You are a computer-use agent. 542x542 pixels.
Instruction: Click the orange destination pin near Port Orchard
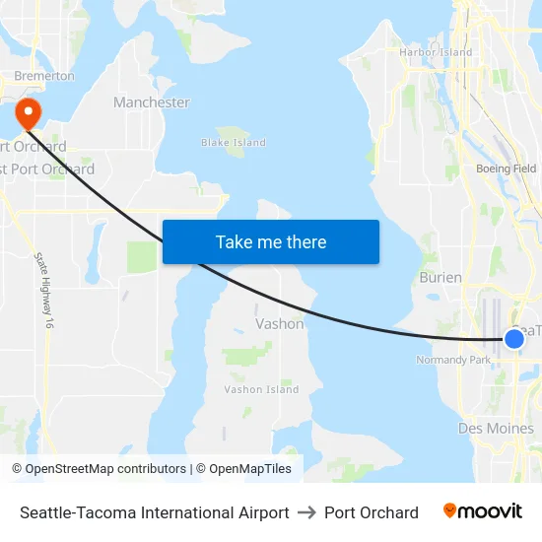(x=27, y=111)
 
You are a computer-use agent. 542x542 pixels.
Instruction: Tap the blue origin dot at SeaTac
(x=513, y=339)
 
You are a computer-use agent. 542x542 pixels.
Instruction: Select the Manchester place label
(x=152, y=102)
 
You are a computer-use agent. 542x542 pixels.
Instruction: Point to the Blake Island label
(x=234, y=143)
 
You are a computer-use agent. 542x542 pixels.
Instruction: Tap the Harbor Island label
(x=436, y=52)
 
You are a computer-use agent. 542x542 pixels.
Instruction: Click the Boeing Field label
(x=506, y=169)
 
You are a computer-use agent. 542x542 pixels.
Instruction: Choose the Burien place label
(x=440, y=278)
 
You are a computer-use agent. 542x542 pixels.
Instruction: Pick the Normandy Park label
(x=454, y=360)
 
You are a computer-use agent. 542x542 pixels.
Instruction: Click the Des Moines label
(x=496, y=429)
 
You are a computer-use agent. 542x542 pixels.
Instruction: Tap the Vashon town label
(x=280, y=323)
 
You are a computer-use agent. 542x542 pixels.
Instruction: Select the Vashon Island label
(x=261, y=389)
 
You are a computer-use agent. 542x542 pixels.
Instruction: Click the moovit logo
(x=482, y=511)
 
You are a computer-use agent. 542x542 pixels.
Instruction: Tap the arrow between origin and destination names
(x=306, y=512)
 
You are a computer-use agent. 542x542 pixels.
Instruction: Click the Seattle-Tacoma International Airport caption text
(x=155, y=512)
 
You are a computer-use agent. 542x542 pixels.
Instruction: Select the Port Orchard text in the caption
(x=372, y=512)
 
